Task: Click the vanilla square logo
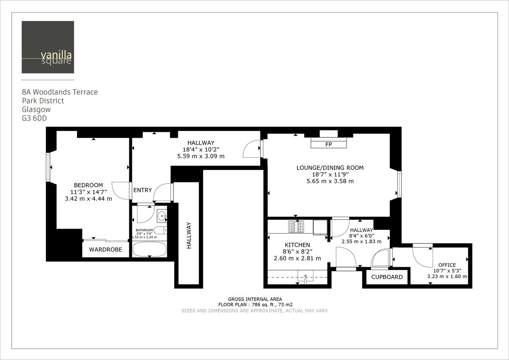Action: coord(48,47)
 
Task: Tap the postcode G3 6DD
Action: coord(34,119)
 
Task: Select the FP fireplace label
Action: coord(328,145)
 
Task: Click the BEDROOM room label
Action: coord(88,185)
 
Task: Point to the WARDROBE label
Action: coord(105,250)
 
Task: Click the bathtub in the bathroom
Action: coord(149,249)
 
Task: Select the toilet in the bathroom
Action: coord(160,231)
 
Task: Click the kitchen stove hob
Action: coord(296,227)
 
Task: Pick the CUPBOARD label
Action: coord(387,277)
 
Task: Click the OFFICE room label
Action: coord(447,265)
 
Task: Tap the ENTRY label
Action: coord(143,190)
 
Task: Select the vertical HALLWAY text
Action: coord(189,235)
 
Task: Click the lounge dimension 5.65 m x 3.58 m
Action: coord(330,181)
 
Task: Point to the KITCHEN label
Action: coord(297,245)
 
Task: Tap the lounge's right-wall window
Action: coord(399,184)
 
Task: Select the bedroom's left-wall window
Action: coord(48,167)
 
